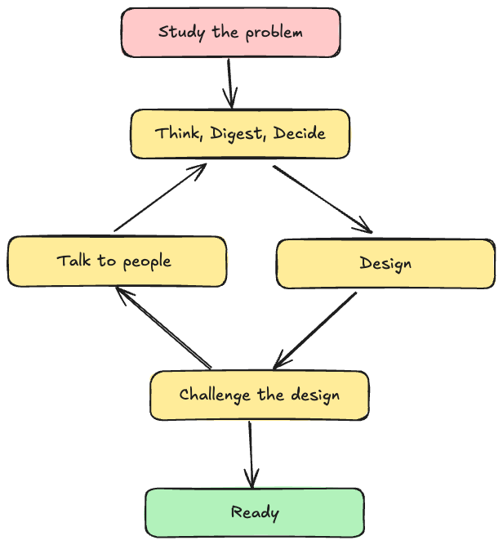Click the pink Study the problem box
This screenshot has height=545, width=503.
tap(231, 33)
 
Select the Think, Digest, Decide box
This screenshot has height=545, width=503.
tap(240, 133)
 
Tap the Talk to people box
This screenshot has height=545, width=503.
tap(116, 261)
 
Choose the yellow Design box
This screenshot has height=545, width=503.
tap(385, 263)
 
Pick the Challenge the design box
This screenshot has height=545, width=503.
tap(260, 395)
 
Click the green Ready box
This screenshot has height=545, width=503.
tap(255, 513)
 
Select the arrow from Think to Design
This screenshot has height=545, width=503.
tap(322, 199)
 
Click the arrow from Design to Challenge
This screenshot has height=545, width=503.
tap(316, 330)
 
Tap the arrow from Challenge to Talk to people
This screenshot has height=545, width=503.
tap(163, 328)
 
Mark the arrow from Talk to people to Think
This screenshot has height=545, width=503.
tap(161, 197)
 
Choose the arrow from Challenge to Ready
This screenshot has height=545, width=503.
tap(251, 454)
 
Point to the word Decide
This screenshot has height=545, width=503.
tap(300, 133)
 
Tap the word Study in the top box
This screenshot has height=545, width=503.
tap(177, 33)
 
